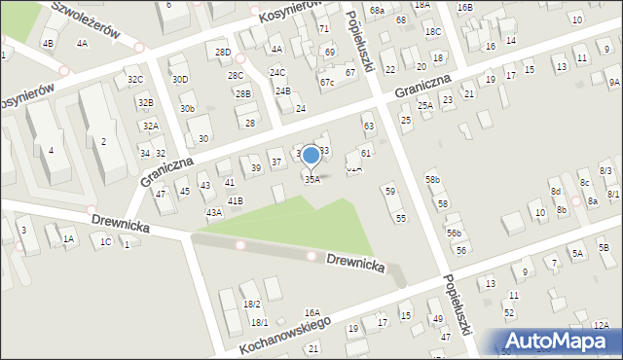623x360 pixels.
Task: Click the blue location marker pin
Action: [x=311, y=157]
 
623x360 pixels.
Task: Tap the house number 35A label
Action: [x=311, y=179]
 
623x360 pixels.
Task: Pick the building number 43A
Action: [x=213, y=212]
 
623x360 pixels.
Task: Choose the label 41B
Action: [x=235, y=200]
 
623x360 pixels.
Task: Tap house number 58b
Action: [x=432, y=180]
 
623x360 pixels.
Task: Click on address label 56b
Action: [x=454, y=234]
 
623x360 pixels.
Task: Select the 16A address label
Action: [x=311, y=312]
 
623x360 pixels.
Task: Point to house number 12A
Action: [x=600, y=325]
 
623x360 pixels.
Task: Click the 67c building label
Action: [x=327, y=83]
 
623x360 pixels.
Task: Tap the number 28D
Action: [x=223, y=52]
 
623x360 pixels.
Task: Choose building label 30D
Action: [x=180, y=79]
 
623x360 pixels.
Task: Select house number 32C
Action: [x=135, y=79]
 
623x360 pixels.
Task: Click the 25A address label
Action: [x=425, y=105]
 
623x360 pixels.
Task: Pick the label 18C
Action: [x=432, y=32]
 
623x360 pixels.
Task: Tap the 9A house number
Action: [x=613, y=83]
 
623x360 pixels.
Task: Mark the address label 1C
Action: [x=105, y=241]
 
